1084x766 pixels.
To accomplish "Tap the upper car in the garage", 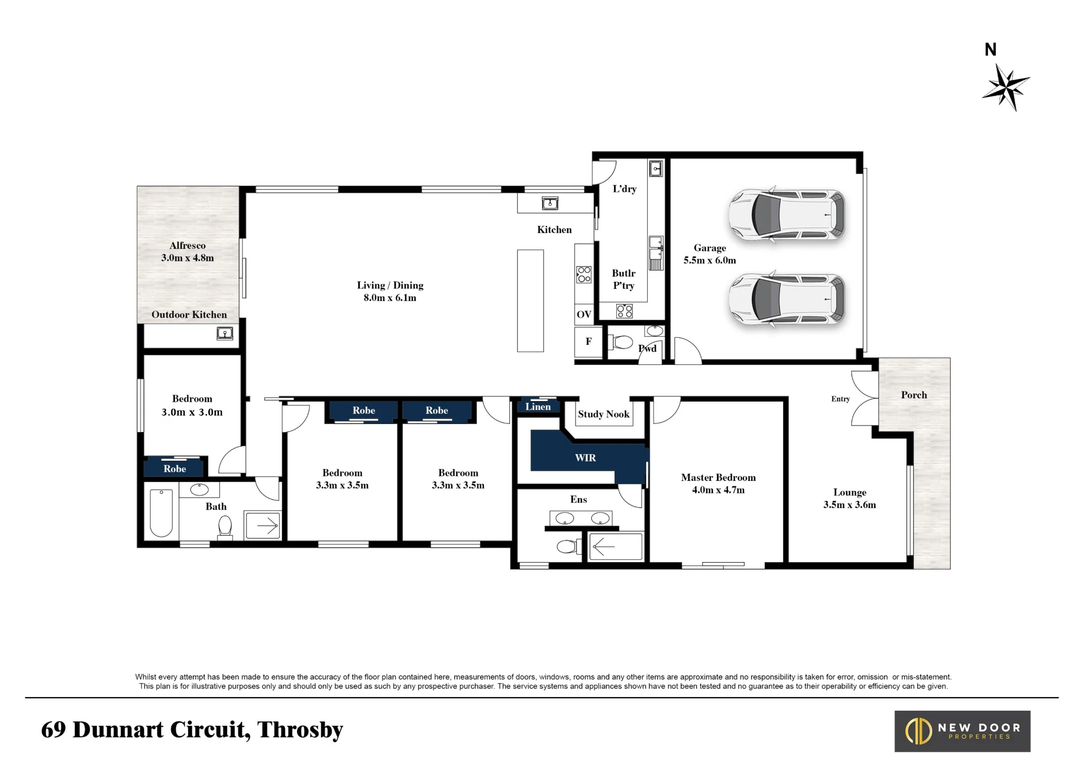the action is (x=786, y=214).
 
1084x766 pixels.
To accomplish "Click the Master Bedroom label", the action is (x=718, y=478).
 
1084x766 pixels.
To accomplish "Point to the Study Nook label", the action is (x=603, y=414).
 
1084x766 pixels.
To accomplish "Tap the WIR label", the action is (x=585, y=458).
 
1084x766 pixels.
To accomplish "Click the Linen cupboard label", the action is (x=538, y=407).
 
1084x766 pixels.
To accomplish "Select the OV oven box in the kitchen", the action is (x=584, y=314).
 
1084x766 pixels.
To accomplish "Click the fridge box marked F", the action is (x=589, y=342).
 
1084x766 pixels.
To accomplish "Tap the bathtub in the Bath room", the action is (x=161, y=513).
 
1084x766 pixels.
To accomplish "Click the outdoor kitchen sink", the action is (x=225, y=333).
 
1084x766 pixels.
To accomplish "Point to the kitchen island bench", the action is (x=530, y=301).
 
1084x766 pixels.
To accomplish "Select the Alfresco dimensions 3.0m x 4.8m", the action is (x=188, y=258).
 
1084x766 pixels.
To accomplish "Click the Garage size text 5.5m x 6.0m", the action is (x=709, y=260).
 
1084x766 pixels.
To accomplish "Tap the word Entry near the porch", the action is (x=841, y=399).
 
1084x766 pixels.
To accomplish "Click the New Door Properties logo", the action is (x=962, y=731).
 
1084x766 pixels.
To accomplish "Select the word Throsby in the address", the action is (x=300, y=730).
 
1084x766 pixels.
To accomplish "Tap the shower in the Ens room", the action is (x=615, y=546).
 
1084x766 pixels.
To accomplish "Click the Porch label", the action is (x=914, y=395).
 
